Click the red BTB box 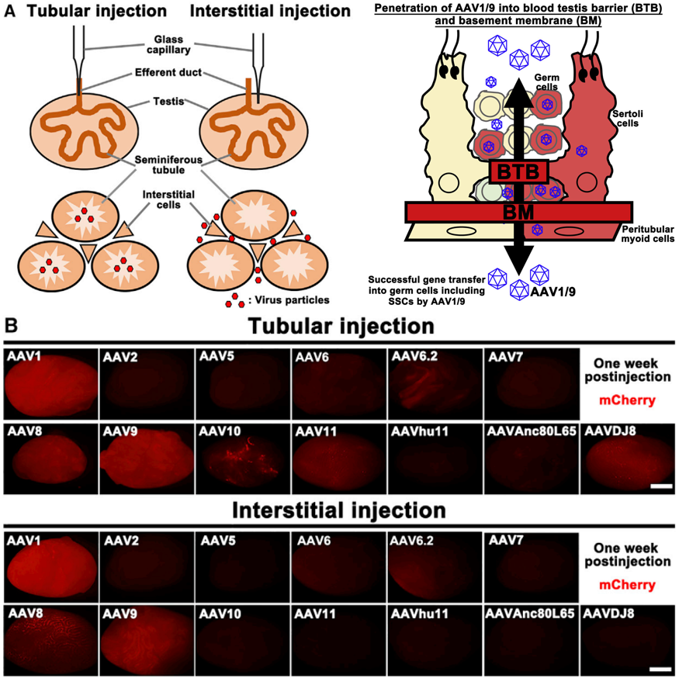tap(518, 171)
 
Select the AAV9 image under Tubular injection tap(145, 458)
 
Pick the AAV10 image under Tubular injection tap(241, 458)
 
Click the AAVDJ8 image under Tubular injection tap(627, 458)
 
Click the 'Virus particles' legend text tap(286, 299)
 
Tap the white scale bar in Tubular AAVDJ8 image tap(661, 486)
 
